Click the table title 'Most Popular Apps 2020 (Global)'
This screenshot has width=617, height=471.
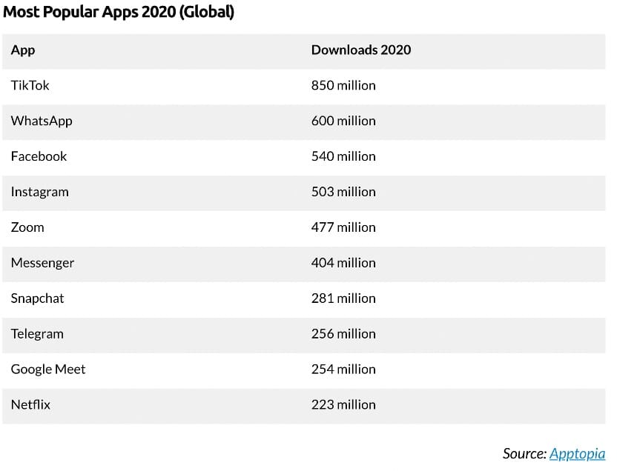point(119,13)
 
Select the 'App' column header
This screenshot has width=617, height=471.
point(23,50)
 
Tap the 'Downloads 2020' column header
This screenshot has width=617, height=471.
point(360,50)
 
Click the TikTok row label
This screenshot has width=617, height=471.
point(30,85)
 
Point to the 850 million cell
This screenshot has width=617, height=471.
point(343,85)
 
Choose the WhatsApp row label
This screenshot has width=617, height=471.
point(42,121)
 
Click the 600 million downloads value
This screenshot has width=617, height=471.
point(343,121)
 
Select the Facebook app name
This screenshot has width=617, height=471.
point(39,156)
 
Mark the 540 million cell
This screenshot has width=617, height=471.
point(343,156)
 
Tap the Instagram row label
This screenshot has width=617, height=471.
point(39,192)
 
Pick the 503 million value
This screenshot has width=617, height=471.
point(343,192)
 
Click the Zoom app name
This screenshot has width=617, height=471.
point(27,227)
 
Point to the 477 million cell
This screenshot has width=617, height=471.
point(343,227)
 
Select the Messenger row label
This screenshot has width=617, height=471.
point(42,263)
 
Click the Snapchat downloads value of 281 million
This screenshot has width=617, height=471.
point(343,298)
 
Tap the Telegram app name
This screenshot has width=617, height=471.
point(37,334)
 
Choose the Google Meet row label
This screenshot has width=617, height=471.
point(48,370)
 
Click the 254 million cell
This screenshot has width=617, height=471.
point(343,370)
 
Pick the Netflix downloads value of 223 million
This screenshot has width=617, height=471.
point(343,405)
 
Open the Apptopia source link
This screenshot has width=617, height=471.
point(577,454)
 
